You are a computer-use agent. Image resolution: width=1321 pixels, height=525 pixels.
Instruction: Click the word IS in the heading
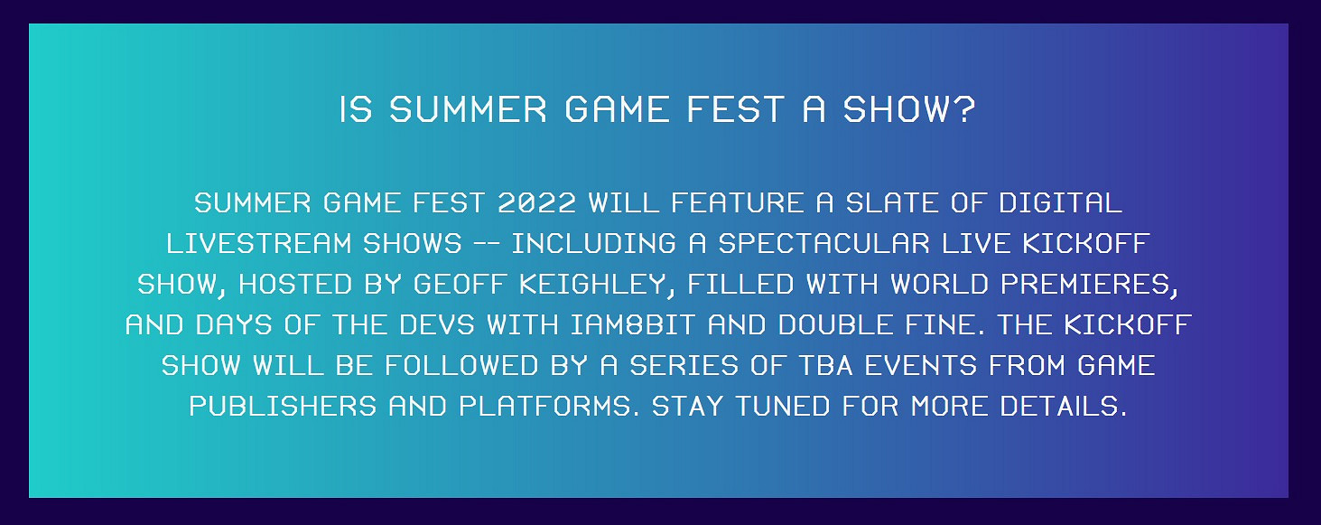click(356, 109)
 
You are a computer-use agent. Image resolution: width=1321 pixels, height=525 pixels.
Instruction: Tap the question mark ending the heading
click(965, 109)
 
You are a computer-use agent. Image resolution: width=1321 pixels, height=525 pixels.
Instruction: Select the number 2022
click(536, 203)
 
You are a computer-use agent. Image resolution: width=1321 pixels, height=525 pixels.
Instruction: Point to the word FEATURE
click(738, 203)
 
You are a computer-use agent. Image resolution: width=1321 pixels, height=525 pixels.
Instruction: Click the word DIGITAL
click(1060, 203)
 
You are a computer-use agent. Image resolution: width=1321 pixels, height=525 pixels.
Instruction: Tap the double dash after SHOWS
click(487, 244)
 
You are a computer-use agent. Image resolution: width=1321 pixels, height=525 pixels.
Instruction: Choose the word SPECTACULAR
click(823, 244)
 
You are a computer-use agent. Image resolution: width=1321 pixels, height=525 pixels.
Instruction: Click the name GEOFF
click(460, 285)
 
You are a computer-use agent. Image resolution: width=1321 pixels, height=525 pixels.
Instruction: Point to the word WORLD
click(939, 285)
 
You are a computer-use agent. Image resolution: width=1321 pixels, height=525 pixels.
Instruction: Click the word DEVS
click(437, 325)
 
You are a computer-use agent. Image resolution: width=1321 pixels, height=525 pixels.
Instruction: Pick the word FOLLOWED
click(461, 366)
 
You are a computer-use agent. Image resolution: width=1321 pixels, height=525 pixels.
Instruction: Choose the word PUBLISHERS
click(283, 407)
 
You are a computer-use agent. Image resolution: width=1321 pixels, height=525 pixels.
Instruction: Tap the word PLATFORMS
click(544, 407)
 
